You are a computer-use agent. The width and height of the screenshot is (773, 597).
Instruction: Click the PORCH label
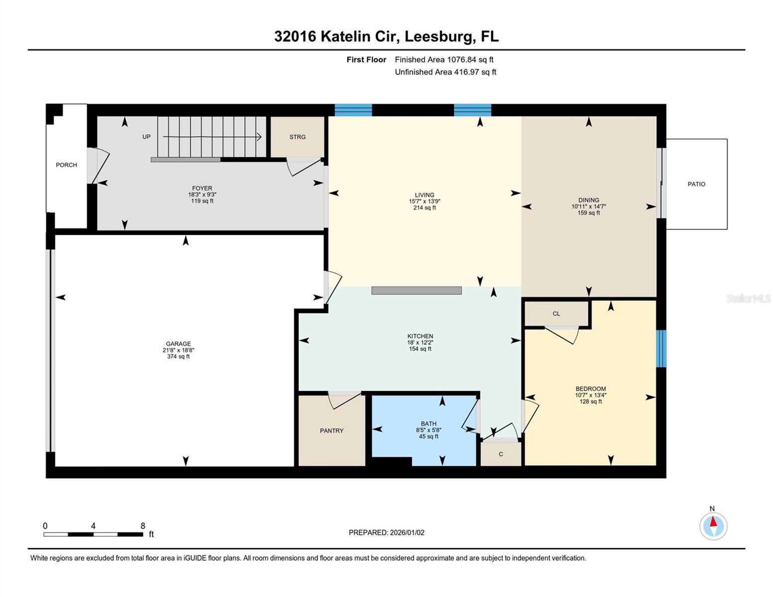coord(66,165)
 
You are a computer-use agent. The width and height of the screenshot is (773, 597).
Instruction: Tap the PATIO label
coord(696,184)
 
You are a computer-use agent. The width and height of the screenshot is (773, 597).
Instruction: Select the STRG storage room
coord(297,137)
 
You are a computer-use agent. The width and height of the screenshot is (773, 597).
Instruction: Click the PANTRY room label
coord(331,431)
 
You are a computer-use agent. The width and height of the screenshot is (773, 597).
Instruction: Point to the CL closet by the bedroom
coord(556,313)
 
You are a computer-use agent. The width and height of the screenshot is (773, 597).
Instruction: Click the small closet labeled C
coord(501,454)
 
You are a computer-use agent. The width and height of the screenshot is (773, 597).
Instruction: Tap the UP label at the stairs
coord(146,137)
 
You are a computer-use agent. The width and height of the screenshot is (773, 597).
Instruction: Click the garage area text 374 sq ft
coord(178,357)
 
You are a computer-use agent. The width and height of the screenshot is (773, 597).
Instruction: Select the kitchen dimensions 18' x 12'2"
coord(420,343)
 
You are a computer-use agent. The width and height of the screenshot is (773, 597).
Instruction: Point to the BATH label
coord(428,424)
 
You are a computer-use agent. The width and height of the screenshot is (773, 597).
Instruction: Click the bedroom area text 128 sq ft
coord(590,401)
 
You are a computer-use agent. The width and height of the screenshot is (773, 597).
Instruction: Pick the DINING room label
coord(588,200)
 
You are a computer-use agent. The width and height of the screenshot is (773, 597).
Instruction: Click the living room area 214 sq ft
coord(424,208)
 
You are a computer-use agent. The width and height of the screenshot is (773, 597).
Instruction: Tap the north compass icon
coord(713,526)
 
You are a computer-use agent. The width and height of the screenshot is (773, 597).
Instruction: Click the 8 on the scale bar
coord(143,526)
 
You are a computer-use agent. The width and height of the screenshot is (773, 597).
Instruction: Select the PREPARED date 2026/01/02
coord(407,532)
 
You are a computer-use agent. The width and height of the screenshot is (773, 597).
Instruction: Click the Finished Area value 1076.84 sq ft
coord(470,60)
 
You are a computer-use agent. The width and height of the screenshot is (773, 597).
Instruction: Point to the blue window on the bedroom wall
coord(661,348)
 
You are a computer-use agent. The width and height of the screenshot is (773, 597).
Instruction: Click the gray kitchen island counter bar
coord(416,291)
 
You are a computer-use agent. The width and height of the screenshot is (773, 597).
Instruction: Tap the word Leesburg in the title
coord(438,36)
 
